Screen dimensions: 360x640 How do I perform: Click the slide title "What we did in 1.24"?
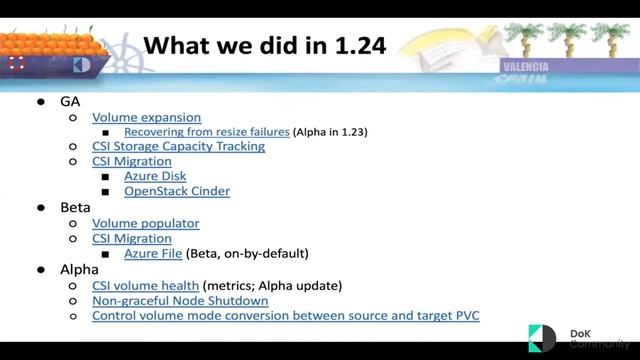[264, 47]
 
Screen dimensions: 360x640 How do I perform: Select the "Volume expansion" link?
[147, 117]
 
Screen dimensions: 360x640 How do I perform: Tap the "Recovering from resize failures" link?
[207, 131]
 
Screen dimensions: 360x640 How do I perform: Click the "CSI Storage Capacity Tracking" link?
[178, 146]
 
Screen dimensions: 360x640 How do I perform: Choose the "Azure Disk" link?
[155, 176]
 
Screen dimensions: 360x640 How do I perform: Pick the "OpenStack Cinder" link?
[177, 191]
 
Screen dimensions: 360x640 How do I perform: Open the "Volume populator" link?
[146, 224]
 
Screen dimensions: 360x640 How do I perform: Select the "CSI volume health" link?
[146, 286]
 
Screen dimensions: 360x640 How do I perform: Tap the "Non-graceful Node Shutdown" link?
[180, 301]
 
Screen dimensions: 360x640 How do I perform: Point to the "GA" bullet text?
[72, 102]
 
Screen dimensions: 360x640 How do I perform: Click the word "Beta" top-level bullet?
[77, 208]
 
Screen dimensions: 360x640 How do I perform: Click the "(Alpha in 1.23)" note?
[335, 131]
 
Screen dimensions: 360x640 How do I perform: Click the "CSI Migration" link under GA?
[132, 161]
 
